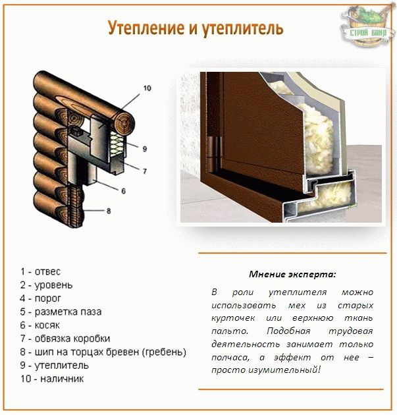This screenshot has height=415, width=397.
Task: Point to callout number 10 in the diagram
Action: point(146,88)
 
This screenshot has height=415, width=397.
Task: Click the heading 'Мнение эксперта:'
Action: point(292,274)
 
